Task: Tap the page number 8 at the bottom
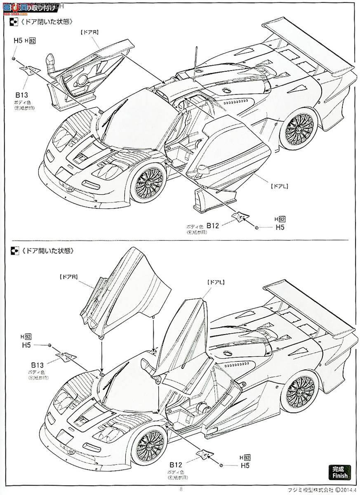pos(180,490)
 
